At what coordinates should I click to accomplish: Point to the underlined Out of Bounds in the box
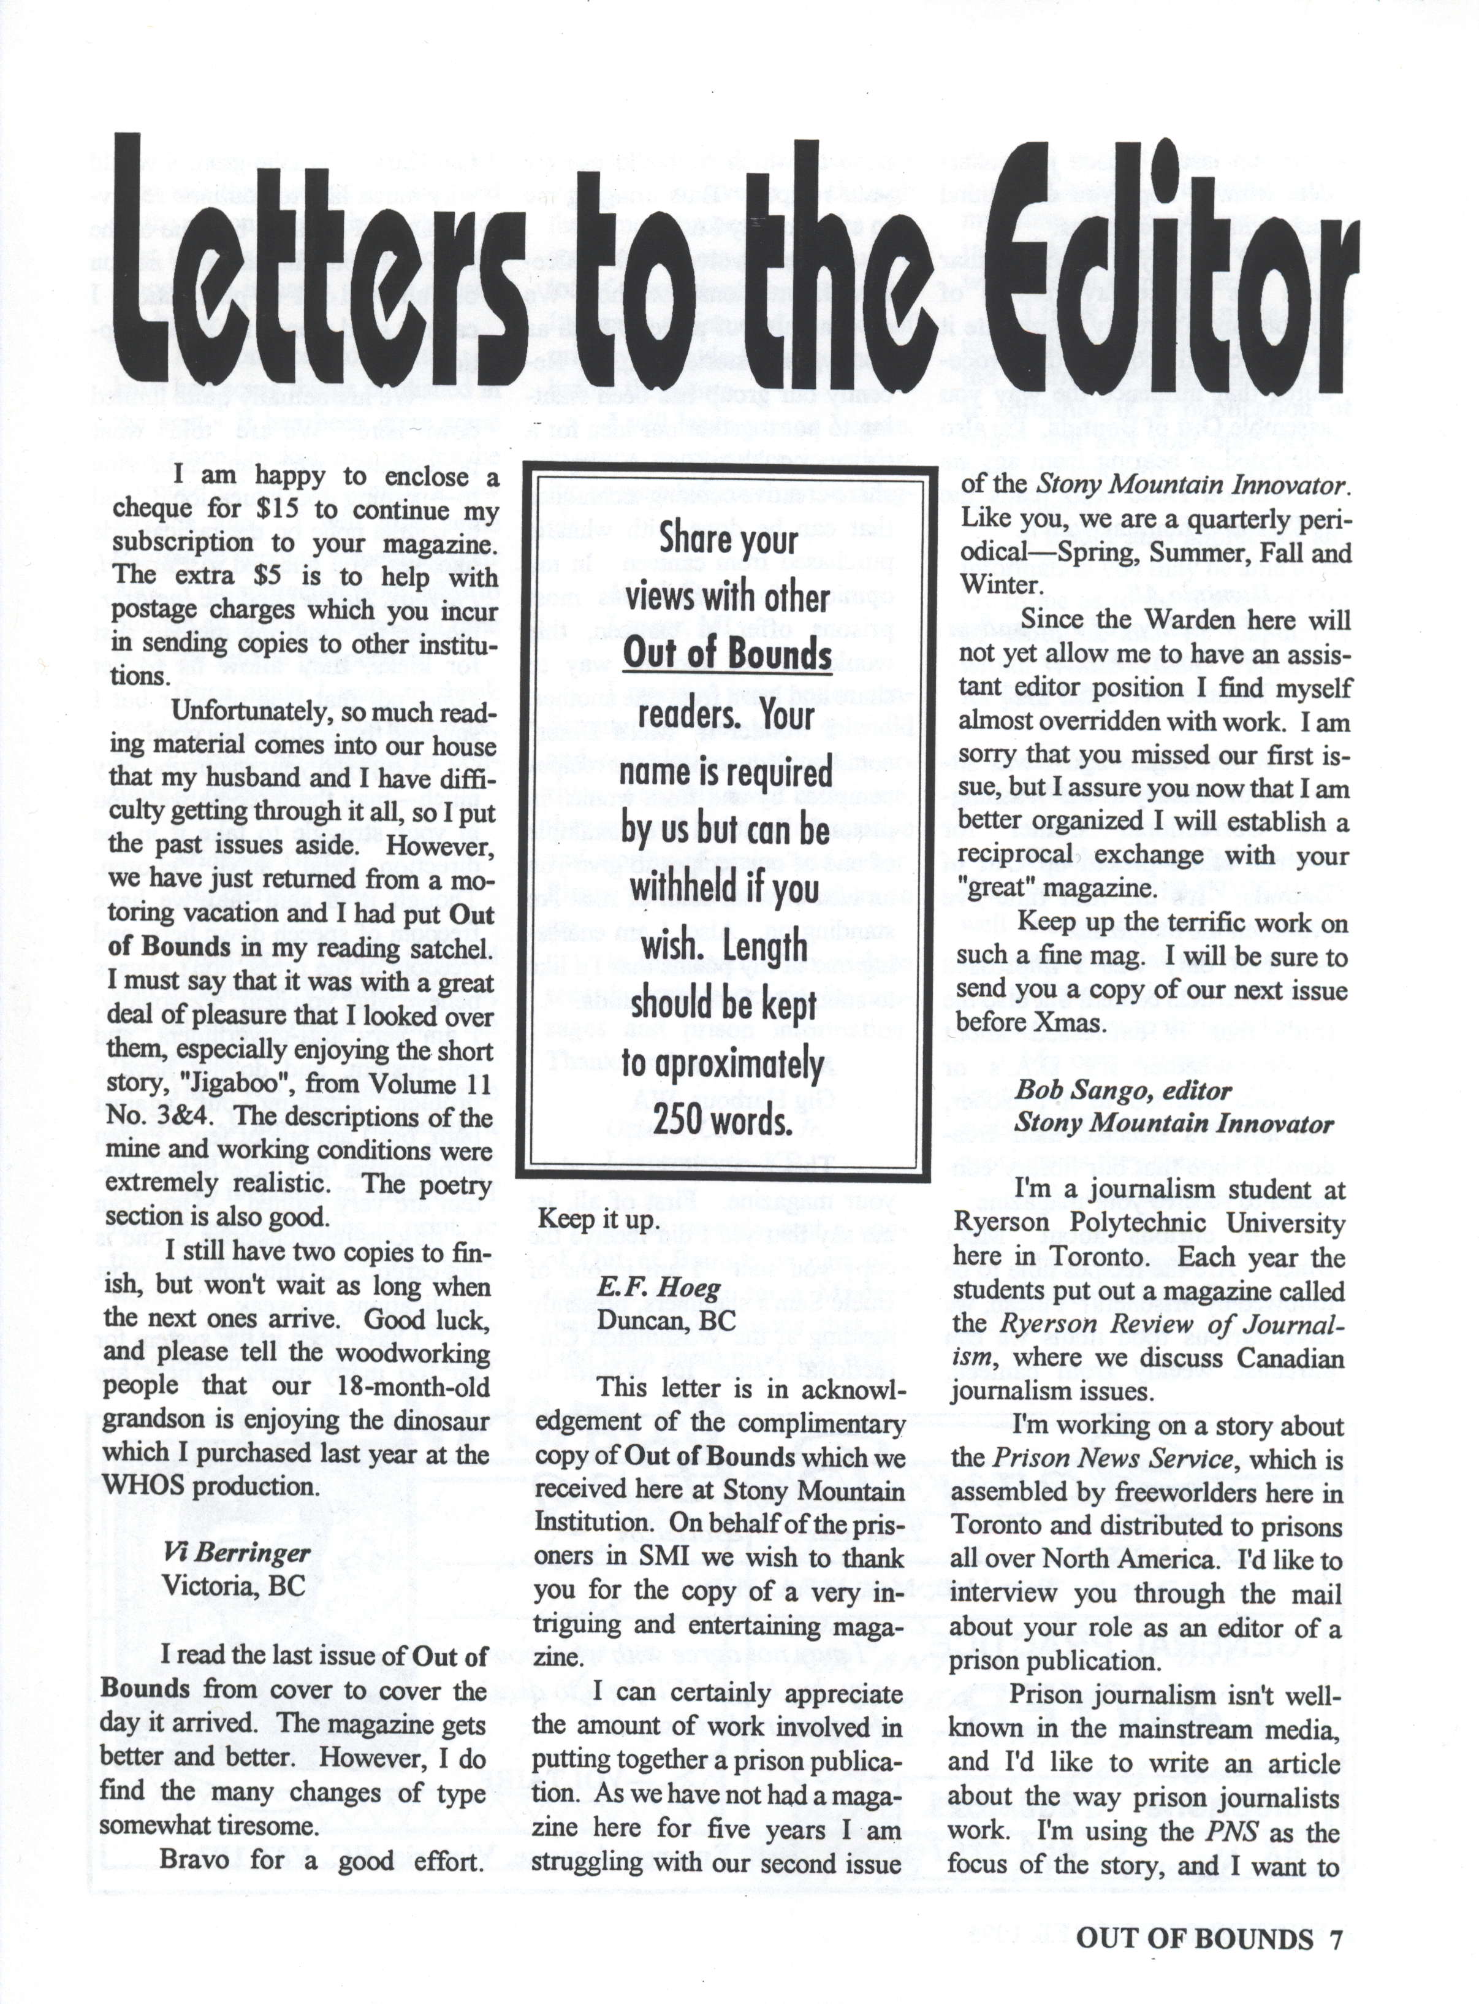point(727,654)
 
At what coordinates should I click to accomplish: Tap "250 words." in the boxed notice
point(726,1121)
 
